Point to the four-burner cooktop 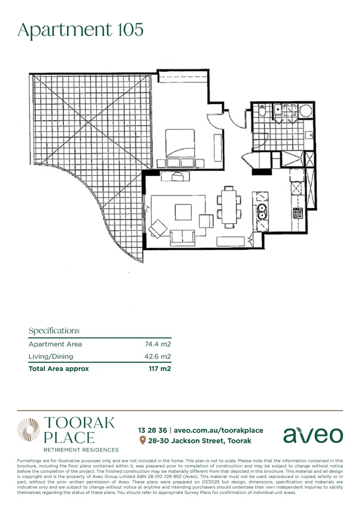click(x=298, y=213)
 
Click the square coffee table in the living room click(x=183, y=211)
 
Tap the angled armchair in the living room click(x=158, y=229)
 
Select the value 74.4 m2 click(x=157, y=344)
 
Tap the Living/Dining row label click(x=51, y=356)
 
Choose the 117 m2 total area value click(x=160, y=369)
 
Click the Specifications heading click(x=54, y=330)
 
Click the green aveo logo click(x=313, y=435)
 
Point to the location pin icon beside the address click(x=142, y=441)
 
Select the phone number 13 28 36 click(x=152, y=430)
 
